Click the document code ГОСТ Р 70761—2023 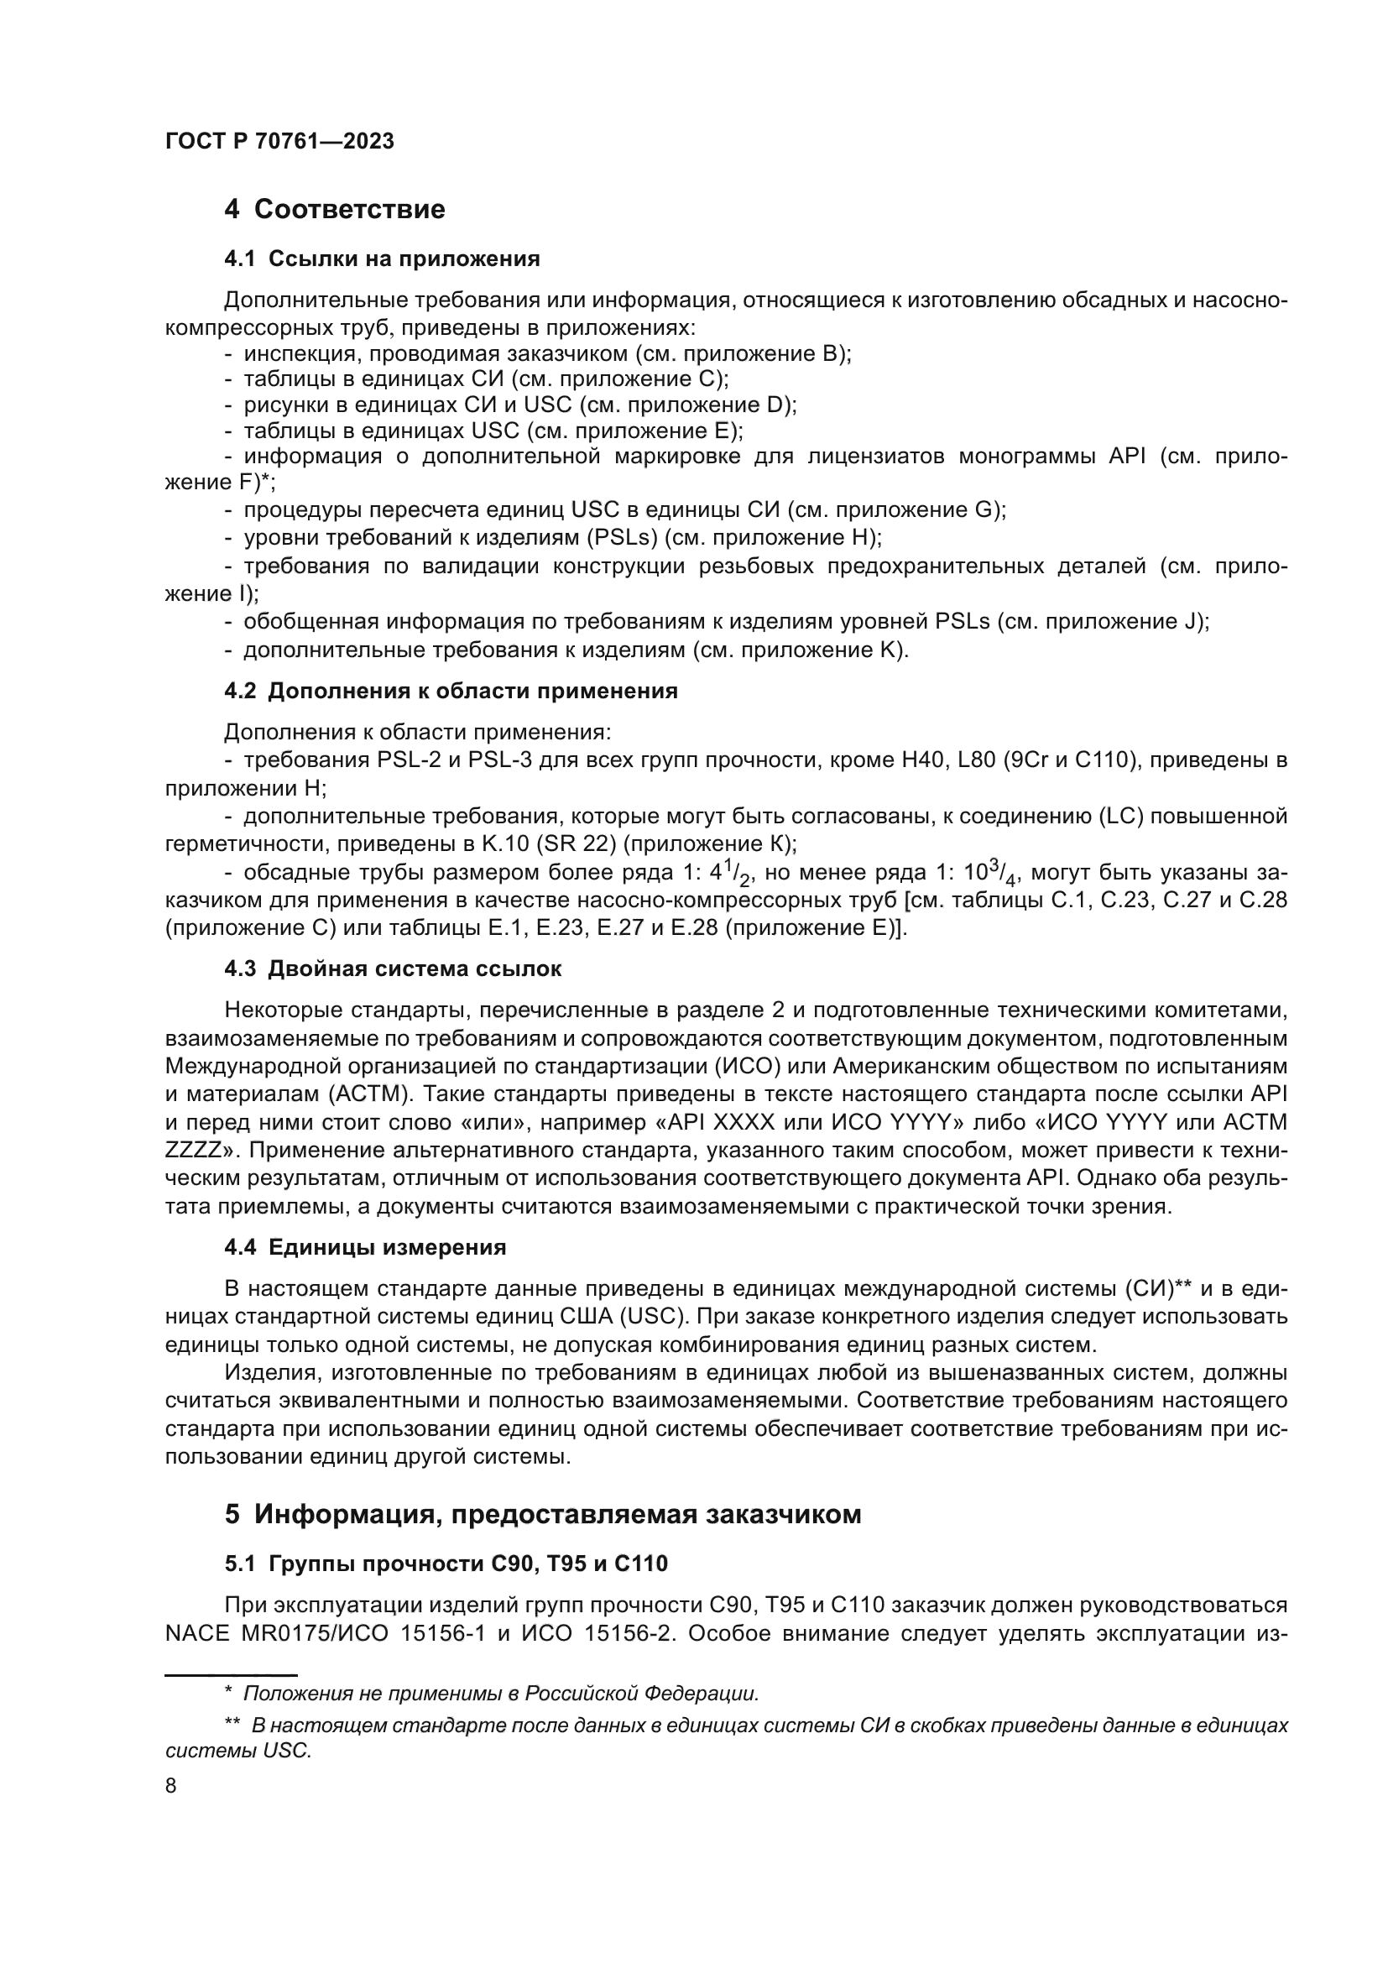pyautogui.click(x=279, y=142)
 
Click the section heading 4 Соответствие pyautogui.click(x=334, y=210)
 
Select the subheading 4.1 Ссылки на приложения pyautogui.click(x=381, y=259)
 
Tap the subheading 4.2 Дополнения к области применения pyautogui.click(x=451, y=691)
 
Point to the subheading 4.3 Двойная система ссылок pyautogui.click(x=392, y=968)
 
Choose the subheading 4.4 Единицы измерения pyautogui.click(x=365, y=1247)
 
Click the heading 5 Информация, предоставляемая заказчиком pyautogui.click(x=543, y=1514)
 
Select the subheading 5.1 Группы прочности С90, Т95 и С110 pyautogui.click(x=446, y=1564)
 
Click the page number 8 pyautogui.click(x=171, y=1786)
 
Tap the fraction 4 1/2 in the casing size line pyautogui.click(x=729, y=874)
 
